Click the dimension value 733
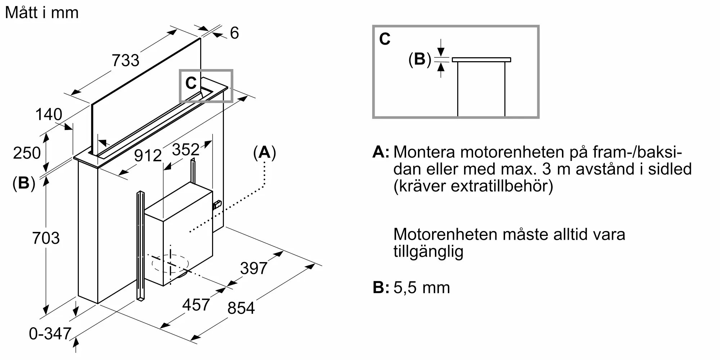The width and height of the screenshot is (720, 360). (125, 60)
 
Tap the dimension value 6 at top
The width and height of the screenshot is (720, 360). (234, 33)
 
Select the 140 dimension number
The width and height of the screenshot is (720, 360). (49, 114)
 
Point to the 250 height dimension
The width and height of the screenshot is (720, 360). (27, 153)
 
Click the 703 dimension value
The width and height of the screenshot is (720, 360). (46, 238)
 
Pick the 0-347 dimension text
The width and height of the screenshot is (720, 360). (50, 334)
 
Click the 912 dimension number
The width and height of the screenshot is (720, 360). (148, 156)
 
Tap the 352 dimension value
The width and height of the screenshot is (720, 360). (186, 149)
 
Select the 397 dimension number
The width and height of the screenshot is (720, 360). (254, 268)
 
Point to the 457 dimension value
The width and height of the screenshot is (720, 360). (196, 305)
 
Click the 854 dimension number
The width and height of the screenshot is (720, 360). (241, 308)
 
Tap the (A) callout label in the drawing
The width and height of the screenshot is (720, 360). (265, 153)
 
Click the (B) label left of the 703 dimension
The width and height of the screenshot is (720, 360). (24, 183)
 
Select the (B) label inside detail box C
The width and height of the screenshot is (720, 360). (420, 59)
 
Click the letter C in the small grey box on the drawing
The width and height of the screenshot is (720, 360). (191, 84)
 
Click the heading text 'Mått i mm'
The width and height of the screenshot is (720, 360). (42, 13)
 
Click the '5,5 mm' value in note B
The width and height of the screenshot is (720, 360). (422, 288)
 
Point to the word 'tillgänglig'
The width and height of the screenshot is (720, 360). (428, 251)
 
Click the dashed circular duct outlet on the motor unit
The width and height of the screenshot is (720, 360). (170, 264)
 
